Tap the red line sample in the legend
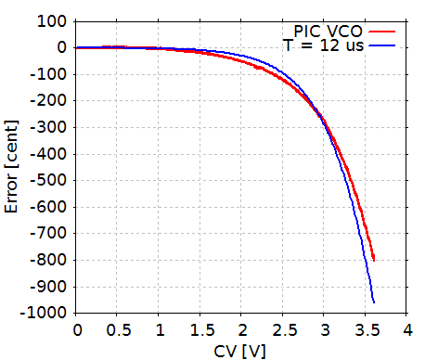tap(384, 31)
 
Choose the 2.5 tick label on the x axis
tap(283, 329)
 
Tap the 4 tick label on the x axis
tap(406, 329)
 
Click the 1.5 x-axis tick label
tap(200, 329)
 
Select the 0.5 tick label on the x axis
tap(118, 329)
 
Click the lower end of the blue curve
tap(374, 302)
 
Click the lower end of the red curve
tap(374, 259)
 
